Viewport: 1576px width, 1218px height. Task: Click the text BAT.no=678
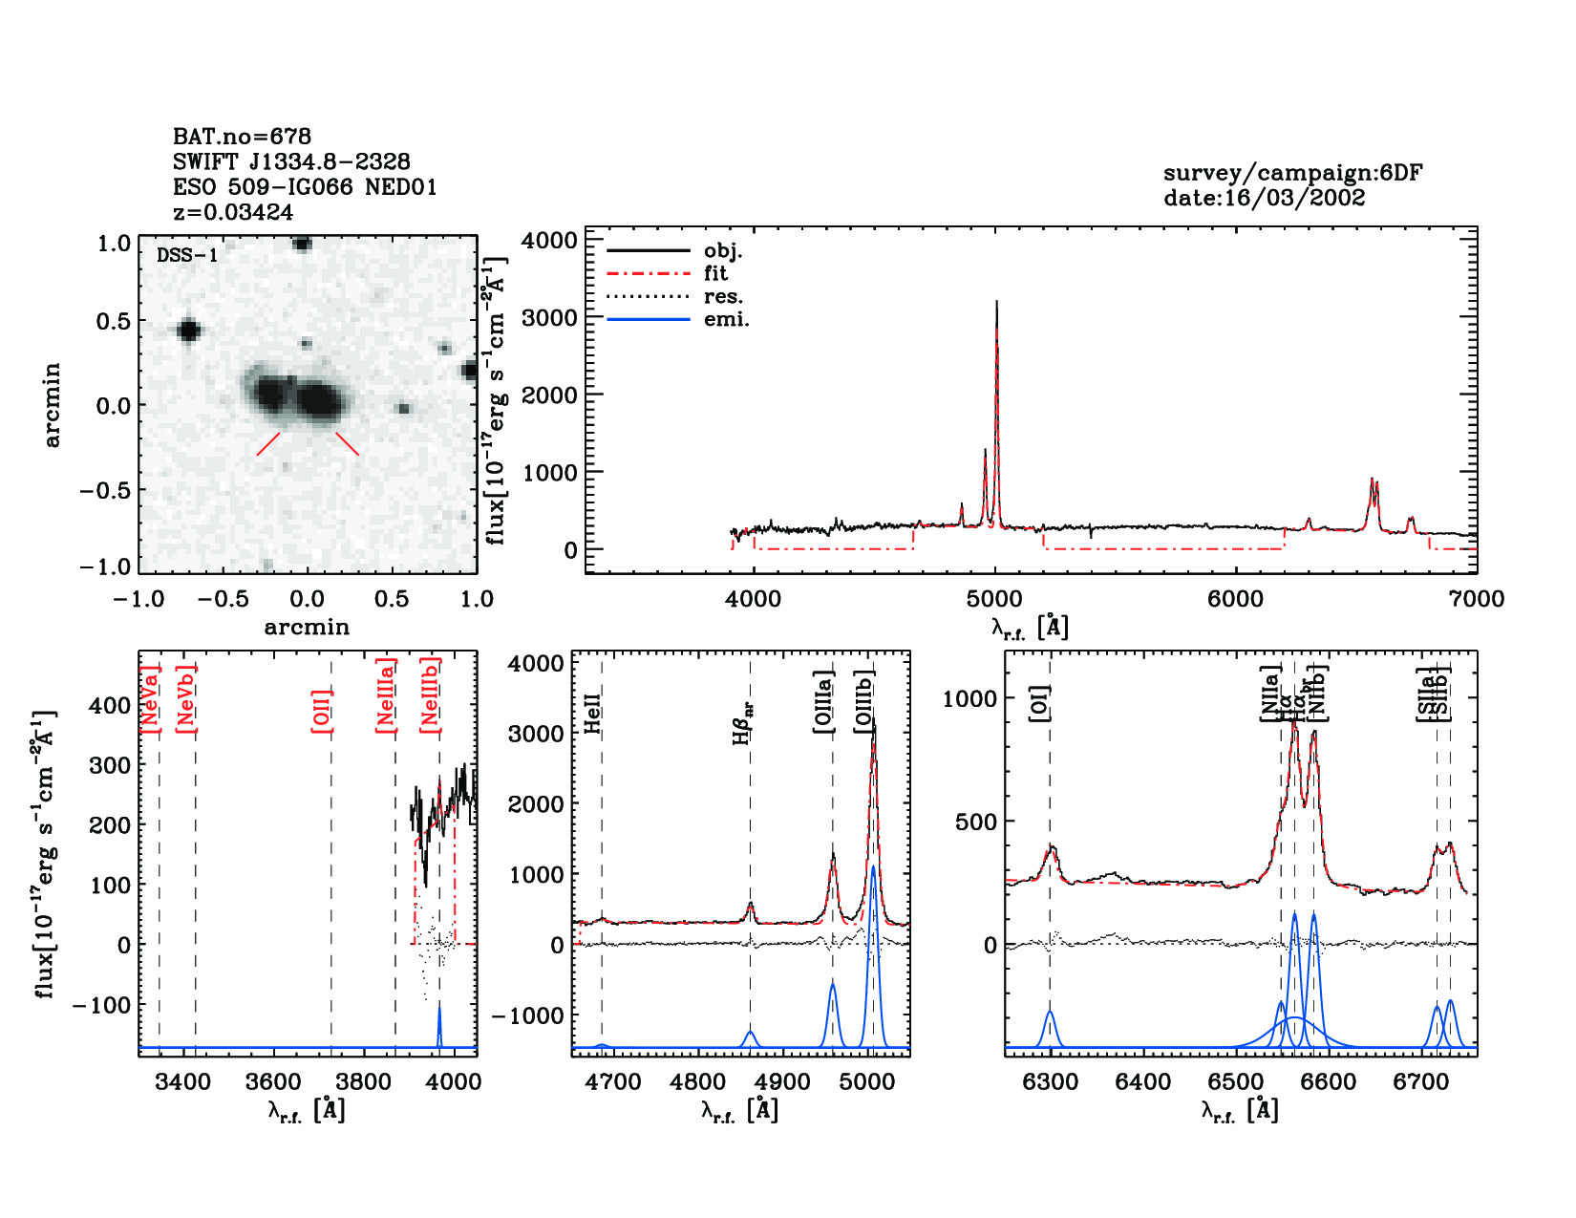[x=242, y=137]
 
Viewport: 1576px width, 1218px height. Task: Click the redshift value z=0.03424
[x=233, y=212]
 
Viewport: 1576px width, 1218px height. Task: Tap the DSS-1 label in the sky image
[x=187, y=256]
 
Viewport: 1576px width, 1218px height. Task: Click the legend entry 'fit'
[x=715, y=273]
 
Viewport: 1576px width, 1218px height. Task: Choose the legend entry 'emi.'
[x=726, y=319]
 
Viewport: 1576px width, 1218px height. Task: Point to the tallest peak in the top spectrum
[x=996, y=304]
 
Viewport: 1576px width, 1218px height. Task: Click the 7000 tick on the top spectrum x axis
[x=1477, y=599]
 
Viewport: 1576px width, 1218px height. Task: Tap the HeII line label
[x=593, y=713]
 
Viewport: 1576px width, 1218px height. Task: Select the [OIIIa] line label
[x=824, y=702]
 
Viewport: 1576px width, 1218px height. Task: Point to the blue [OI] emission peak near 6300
[x=1050, y=1014]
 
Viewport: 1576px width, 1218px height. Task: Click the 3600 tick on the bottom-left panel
[x=274, y=1082]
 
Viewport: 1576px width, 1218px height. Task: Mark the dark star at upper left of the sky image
[x=188, y=331]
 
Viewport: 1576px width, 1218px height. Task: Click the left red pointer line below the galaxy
[x=268, y=444]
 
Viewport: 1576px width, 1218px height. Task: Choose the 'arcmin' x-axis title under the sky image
[x=307, y=628]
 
